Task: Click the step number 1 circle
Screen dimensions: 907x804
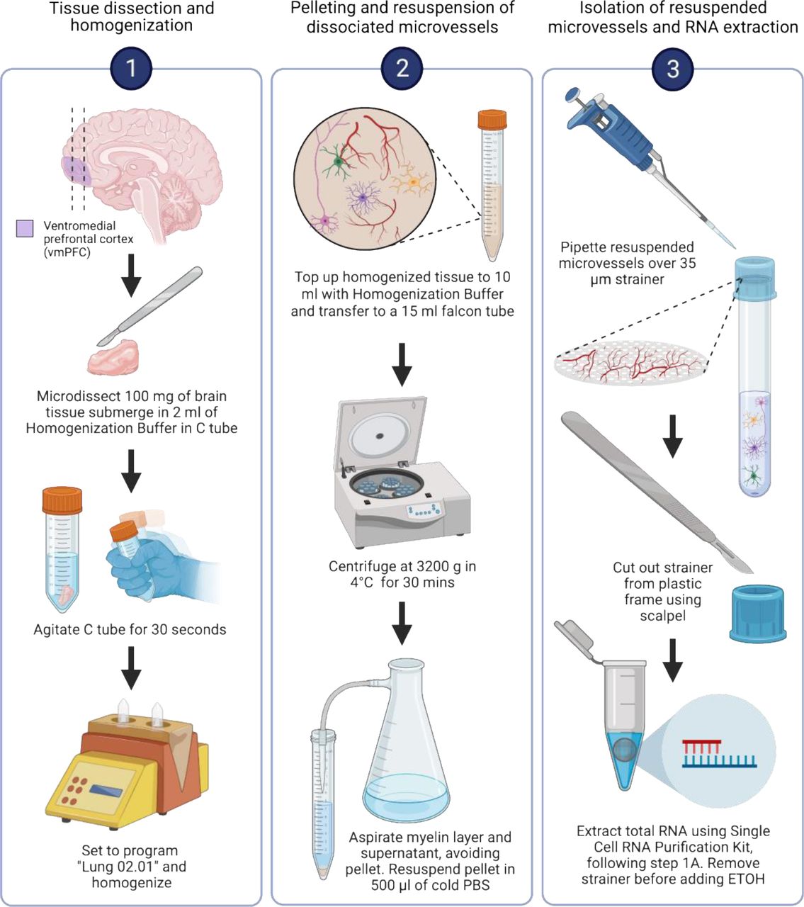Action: click(x=131, y=69)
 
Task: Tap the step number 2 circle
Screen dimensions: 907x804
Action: click(x=402, y=69)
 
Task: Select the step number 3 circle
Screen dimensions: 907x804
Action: click(x=672, y=69)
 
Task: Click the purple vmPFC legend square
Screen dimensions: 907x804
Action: click(x=25, y=228)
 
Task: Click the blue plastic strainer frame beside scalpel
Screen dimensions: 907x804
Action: click(x=758, y=613)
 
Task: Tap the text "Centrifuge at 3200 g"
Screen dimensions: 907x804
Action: click(x=402, y=566)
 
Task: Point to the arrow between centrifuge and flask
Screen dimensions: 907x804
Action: click(x=402, y=621)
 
